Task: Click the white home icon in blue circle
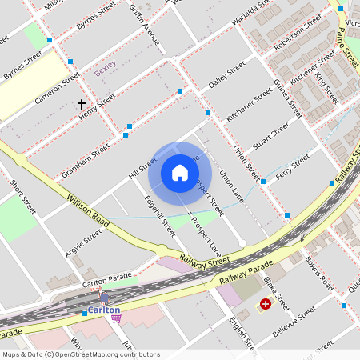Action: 180,173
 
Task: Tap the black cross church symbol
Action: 81,105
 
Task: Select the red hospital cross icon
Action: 265,304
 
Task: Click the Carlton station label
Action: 104,310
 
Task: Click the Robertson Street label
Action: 291,35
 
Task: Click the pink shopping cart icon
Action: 116,318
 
